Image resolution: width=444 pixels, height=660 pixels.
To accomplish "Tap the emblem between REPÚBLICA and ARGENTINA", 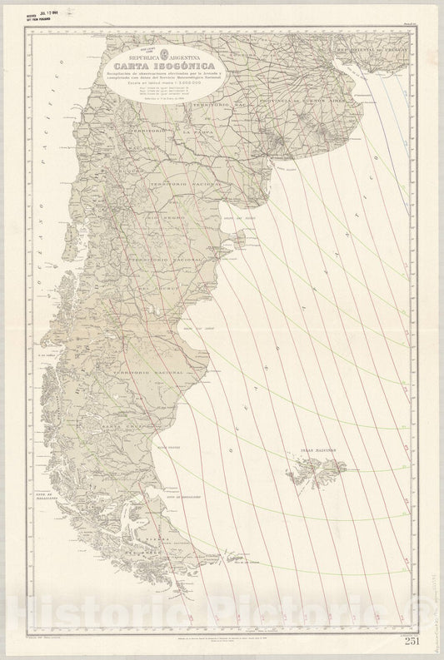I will (170, 51).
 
